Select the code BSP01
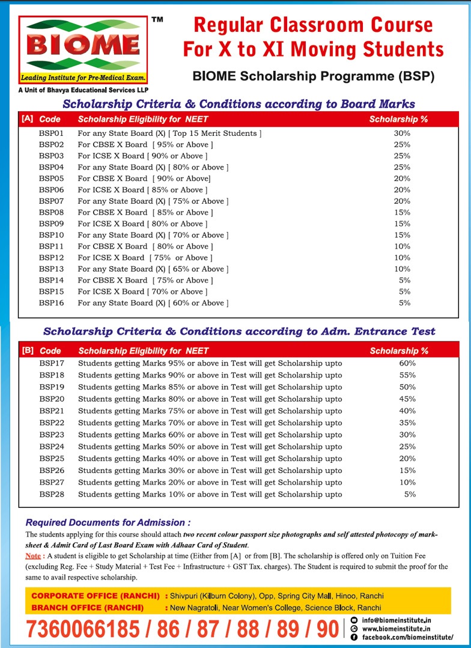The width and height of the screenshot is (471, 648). [x=51, y=133]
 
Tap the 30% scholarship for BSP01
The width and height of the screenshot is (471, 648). [x=402, y=133]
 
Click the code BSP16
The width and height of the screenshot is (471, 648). [x=51, y=303]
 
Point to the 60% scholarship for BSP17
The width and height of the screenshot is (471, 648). [x=407, y=363]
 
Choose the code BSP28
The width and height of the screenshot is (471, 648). [x=52, y=494]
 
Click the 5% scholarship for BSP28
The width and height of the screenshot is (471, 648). [x=410, y=494]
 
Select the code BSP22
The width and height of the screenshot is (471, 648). [x=52, y=423]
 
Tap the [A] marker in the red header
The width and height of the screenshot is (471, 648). [x=27, y=118]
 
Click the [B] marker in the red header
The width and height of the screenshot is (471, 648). [x=28, y=350]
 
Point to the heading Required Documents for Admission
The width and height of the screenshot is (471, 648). [x=108, y=522]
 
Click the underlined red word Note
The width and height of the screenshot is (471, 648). [x=33, y=555]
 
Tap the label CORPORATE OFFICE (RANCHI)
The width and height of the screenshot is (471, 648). [x=96, y=596]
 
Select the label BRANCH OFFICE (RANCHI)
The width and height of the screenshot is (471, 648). [x=87, y=608]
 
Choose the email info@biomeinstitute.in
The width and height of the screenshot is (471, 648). [x=397, y=620]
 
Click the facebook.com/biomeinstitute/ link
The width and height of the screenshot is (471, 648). [x=407, y=637]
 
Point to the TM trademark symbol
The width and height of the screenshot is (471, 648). [x=157, y=20]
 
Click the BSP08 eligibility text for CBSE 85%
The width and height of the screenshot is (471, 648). [x=145, y=212]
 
